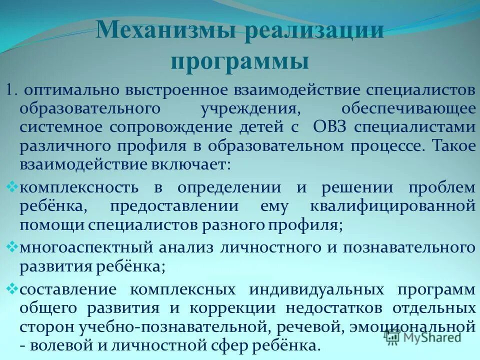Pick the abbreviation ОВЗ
[331, 127]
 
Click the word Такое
[453, 145]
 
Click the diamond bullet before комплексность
[13, 187]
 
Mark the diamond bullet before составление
[13, 289]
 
